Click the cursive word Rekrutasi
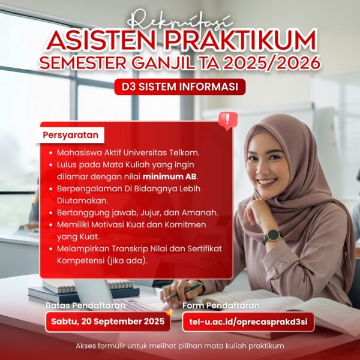[x=180, y=19]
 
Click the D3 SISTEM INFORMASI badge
[x=180, y=86]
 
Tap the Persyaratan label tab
[x=70, y=135]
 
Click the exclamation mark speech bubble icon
[x=227, y=119]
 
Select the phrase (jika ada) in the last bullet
[x=125, y=261]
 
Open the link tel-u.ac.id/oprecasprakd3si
[x=247, y=322]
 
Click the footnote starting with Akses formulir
[x=180, y=346]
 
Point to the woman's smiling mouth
[x=268, y=181]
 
